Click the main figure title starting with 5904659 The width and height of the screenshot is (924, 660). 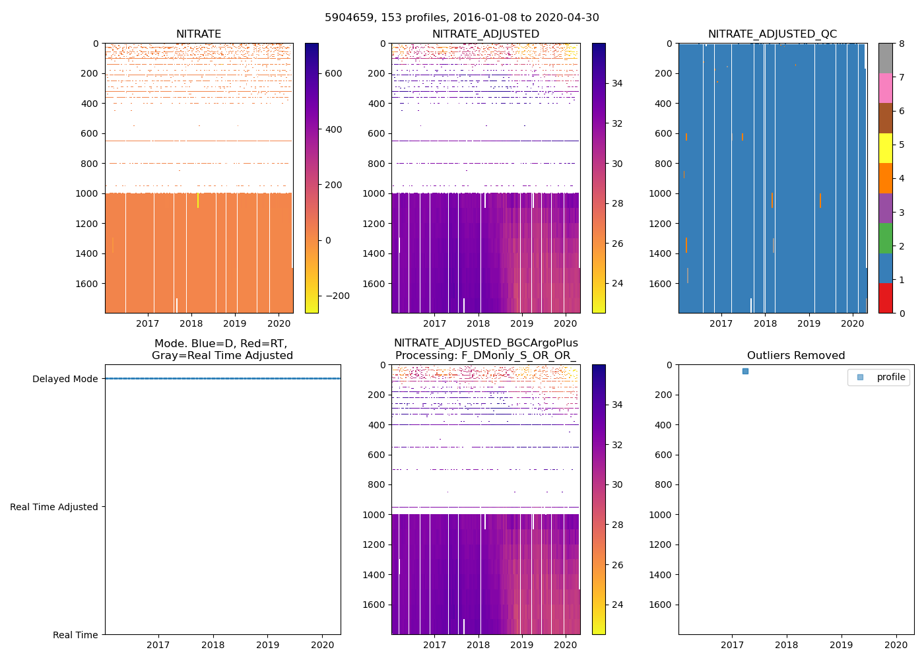(462, 18)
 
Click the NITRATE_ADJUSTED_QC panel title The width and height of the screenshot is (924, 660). (772, 34)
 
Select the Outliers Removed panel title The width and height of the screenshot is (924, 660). (796, 356)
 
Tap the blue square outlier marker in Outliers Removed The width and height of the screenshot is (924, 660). (745, 372)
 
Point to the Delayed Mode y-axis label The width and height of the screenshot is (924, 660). (65, 379)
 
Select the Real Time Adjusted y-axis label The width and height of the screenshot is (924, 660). (54, 507)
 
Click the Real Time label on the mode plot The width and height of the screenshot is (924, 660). (75, 635)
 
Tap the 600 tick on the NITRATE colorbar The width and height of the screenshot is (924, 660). (334, 74)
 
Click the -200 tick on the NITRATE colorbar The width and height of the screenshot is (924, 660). (337, 296)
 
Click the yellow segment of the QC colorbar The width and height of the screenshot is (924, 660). (885, 148)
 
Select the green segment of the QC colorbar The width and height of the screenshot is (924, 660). (885, 238)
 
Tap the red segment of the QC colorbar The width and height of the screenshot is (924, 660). (885, 298)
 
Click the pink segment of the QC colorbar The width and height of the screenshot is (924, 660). (885, 88)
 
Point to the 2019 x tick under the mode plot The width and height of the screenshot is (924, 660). (267, 645)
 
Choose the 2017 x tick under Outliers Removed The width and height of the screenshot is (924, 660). (732, 645)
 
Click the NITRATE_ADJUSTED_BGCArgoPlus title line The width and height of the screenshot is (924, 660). (486, 343)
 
